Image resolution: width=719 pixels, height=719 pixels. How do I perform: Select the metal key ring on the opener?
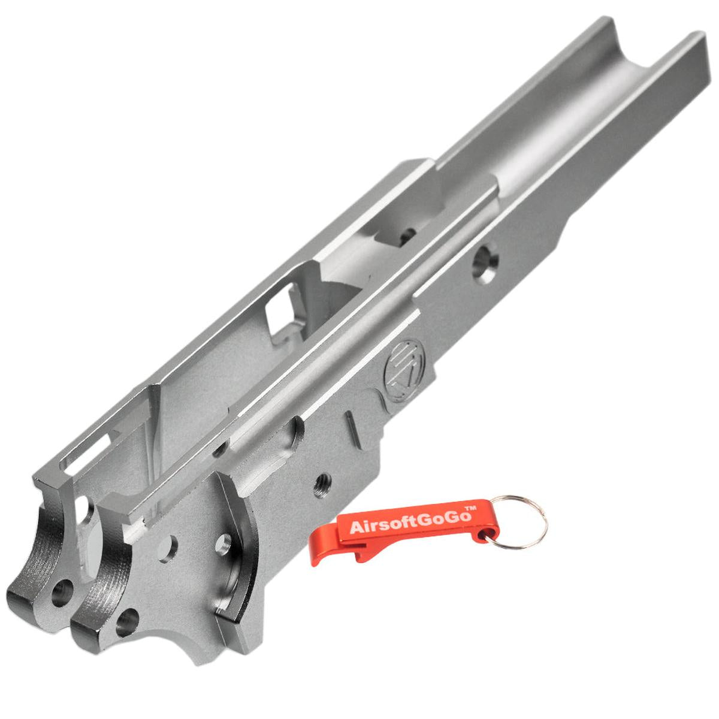click(518, 522)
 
